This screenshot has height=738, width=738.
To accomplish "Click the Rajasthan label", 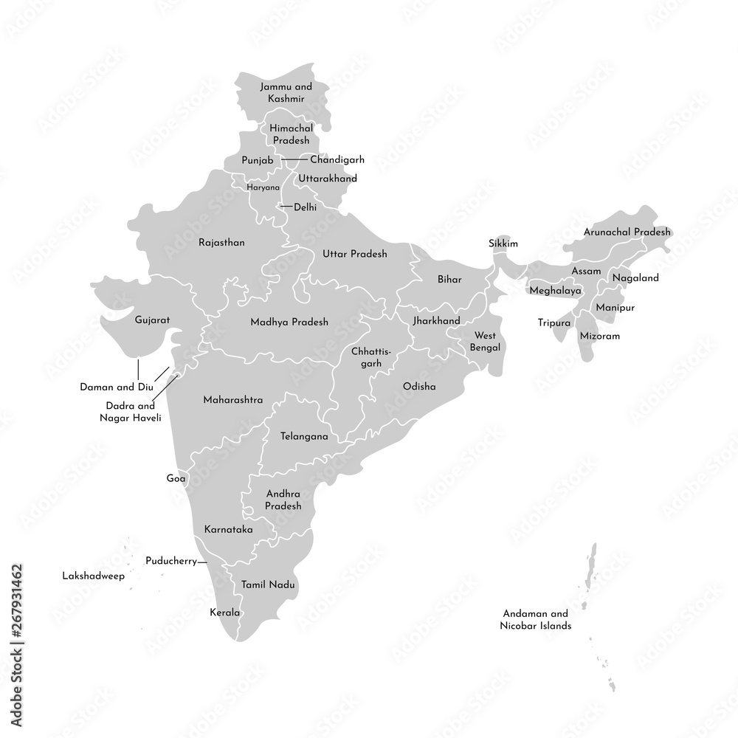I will (x=221, y=242).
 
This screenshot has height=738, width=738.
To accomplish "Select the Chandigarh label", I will (x=337, y=159).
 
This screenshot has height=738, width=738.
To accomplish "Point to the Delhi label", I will (x=305, y=207).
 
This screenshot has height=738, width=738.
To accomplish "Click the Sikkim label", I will (x=503, y=244).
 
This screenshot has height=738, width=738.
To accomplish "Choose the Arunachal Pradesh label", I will (x=627, y=232).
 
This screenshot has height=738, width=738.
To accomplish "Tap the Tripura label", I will (x=554, y=323).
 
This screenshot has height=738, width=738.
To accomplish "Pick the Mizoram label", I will (x=599, y=336).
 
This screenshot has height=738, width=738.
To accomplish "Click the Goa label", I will (x=176, y=478).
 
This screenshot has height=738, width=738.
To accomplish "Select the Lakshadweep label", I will (x=93, y=573).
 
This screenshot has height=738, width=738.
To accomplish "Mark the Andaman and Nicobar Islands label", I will (x=537, y=619).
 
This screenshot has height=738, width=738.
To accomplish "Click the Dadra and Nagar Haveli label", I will (x=130, y=412).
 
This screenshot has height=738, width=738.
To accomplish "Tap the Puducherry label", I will (x=171, y=561).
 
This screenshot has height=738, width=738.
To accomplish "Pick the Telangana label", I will (x=304, y=436).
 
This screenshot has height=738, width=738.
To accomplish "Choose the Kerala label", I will (x=226, y=613).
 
